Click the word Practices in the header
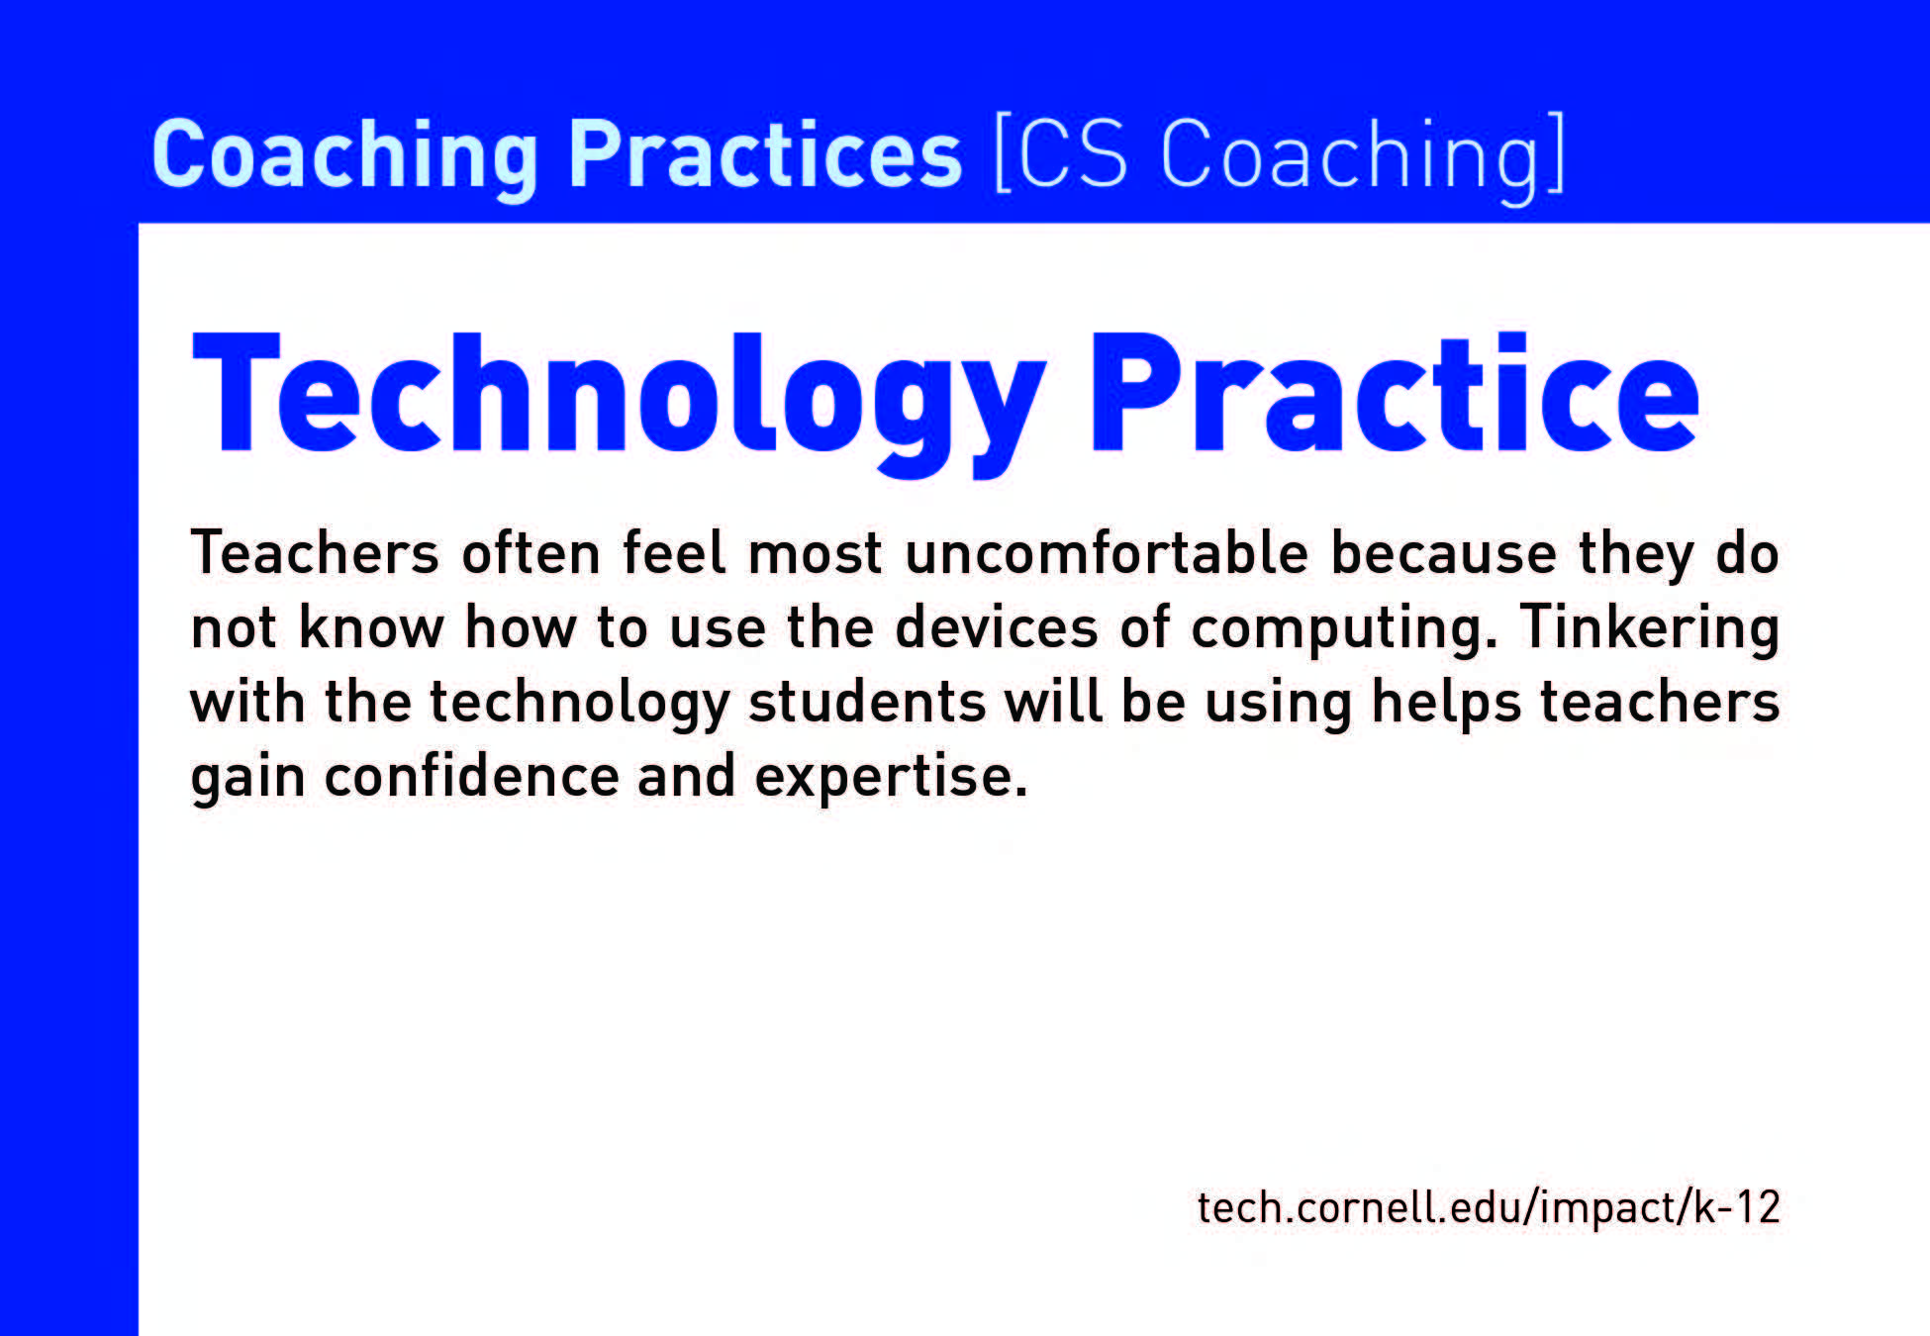click(765, 153)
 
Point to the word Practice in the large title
click(1395, 393)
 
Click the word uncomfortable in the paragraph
click(1107, 552)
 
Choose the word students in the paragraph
click(867, 702)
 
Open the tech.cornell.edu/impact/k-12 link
click(1489, 1207)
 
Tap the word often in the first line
click(531, 552)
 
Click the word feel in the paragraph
click(673, 552)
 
